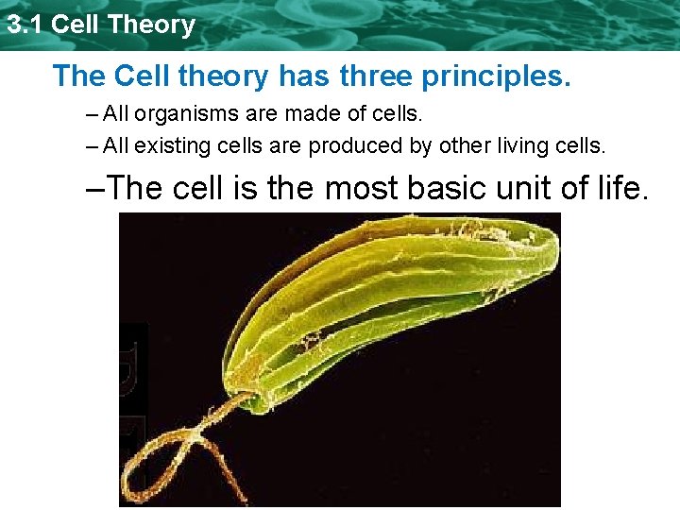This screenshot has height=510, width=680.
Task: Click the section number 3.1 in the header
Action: tap(25, 25)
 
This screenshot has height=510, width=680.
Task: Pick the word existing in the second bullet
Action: tap(166, 146)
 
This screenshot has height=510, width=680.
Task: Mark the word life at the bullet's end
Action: tap(626, 188)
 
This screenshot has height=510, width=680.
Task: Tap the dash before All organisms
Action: tap(90, 115)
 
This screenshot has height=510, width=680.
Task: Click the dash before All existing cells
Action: tap(90, 146)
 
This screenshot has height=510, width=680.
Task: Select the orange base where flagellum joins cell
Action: tap(245, 388)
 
